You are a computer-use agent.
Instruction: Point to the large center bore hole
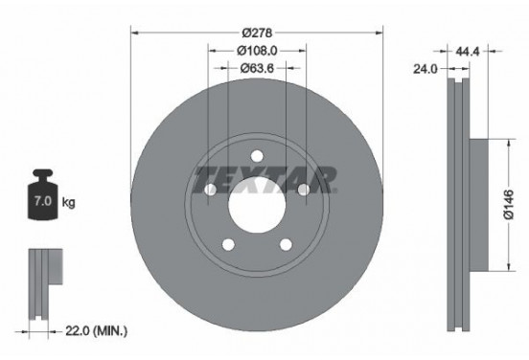pos(257,204)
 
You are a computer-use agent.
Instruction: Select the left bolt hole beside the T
pos(211,190)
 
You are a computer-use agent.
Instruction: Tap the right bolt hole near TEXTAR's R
pos(303,190)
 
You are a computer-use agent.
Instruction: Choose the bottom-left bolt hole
pos(228,244)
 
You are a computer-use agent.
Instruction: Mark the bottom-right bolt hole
pos(286,244)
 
